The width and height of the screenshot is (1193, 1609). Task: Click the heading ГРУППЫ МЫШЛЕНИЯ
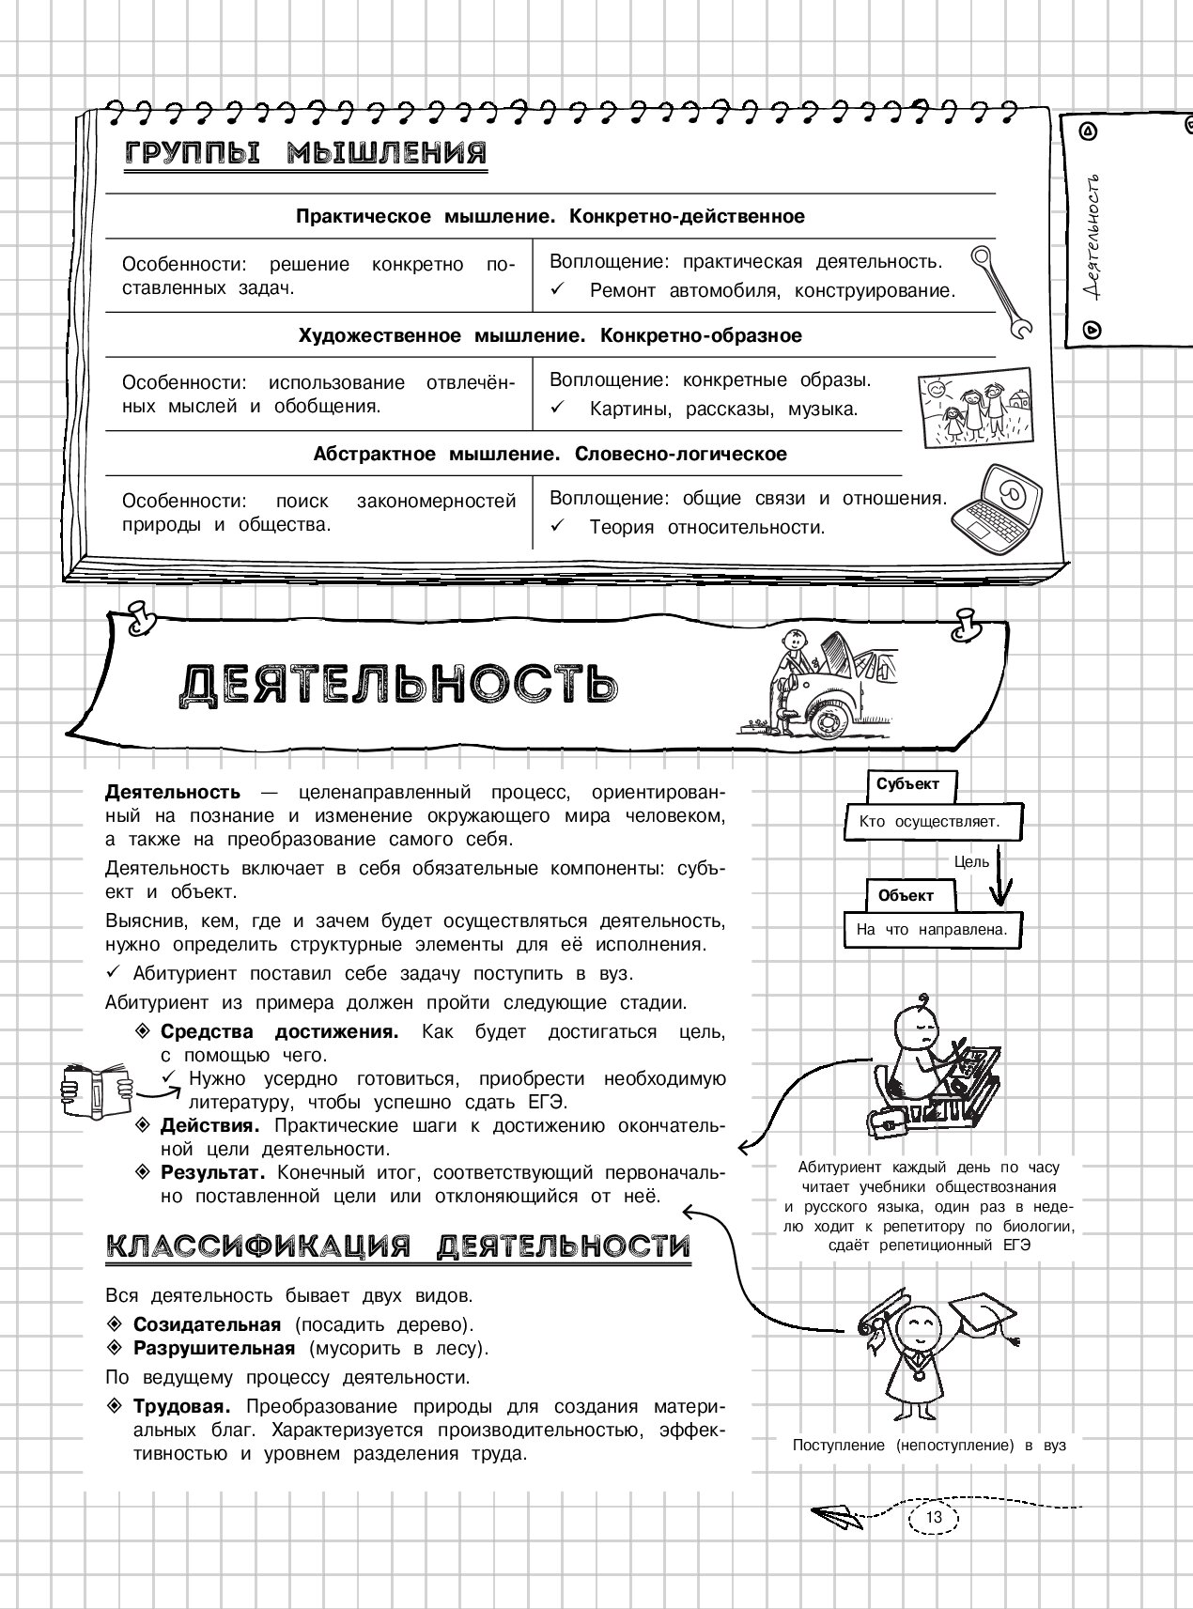(306, 153)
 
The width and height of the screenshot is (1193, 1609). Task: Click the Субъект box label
(907, 784)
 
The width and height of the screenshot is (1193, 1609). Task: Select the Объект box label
(906, 895)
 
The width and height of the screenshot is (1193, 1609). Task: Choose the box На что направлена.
(931, 931)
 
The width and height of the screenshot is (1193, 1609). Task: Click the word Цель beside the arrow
(971, 860)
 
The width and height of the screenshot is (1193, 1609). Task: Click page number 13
(933, 1517)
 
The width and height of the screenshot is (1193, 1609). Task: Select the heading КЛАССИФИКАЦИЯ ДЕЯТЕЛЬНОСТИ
(398, 1246)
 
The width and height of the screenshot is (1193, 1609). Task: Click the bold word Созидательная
(207, 1324)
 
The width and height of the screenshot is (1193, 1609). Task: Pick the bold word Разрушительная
(214, 1348)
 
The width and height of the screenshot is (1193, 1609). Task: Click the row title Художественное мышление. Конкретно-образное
(550, 335)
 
